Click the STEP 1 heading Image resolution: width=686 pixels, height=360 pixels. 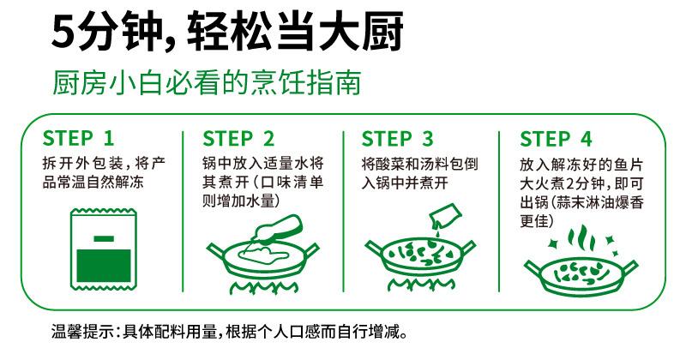(78, 139)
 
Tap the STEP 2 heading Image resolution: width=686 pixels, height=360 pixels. (238, 139)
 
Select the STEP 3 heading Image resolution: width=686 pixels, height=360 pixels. (397, 139)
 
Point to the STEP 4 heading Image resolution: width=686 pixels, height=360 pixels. (556, 139)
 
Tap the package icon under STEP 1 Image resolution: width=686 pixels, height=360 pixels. (104, 249)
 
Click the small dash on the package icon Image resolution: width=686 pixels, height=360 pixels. (104, 239)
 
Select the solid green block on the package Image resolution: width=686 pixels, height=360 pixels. (104, 266)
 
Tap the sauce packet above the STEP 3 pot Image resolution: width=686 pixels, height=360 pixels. (445, 217)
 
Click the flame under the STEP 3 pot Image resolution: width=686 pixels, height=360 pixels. (420, 285)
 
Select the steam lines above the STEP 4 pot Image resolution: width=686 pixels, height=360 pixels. (581, 238)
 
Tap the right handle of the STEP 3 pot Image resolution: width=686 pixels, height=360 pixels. (466, 248)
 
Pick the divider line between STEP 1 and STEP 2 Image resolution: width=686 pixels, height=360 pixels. (183, 211)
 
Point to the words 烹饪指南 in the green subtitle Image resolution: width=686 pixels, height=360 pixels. (306, 81)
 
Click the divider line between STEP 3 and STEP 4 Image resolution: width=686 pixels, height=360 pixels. (499, 211)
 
